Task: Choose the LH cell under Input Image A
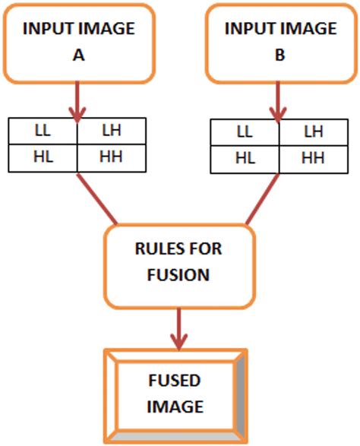click(x=113, y=131)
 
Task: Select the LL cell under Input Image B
click(x=244, y=131)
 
